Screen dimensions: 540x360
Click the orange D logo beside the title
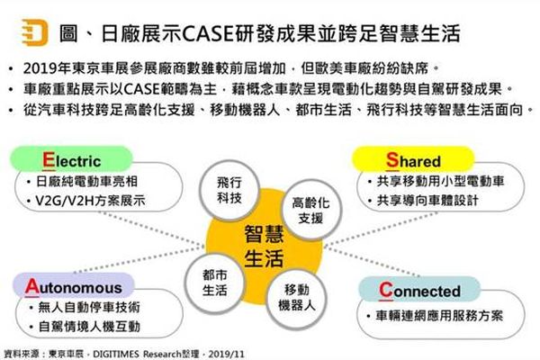click(x=35, y=32)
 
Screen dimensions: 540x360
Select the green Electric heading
click(x=72, y=159)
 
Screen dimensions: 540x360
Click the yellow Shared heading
click(x=413, y=159)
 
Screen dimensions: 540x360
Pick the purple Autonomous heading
click(x=74, y=285)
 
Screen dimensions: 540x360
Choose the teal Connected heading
click(x=419, y=289)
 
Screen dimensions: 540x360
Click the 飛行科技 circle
click(x=229, y=190)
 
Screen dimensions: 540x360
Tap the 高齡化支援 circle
click(x=311, y=210)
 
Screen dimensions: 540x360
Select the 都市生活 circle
click(x=214, y=283)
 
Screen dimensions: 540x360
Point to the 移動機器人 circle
click(x=296, y=298)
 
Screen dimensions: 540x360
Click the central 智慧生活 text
click(x=264, y=246)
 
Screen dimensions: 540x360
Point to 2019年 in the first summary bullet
click(x=47, y=68)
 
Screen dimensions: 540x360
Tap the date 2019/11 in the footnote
click(x=226, y=354)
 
